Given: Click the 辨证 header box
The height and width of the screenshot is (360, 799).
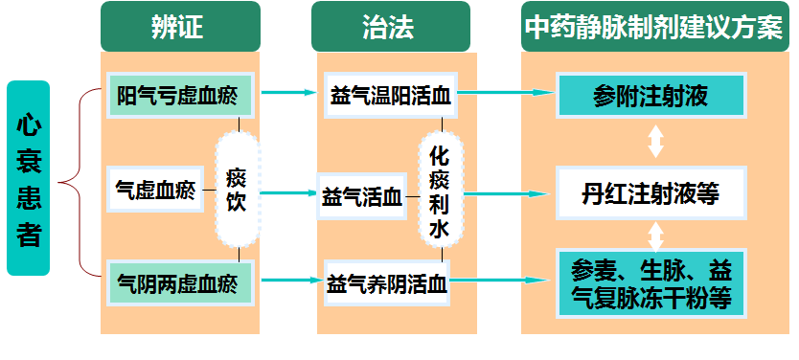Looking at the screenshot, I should (180, 26).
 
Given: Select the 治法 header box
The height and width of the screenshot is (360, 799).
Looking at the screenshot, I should (390, 26).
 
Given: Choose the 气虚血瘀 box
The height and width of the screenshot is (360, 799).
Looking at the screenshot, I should (154, 190).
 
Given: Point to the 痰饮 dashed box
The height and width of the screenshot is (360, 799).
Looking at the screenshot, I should (237, 190).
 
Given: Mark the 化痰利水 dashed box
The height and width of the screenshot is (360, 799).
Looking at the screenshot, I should (441, 191).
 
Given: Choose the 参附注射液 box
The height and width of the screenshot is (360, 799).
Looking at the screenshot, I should (651, 96).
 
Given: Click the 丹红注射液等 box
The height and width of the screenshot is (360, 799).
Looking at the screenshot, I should (651, 194).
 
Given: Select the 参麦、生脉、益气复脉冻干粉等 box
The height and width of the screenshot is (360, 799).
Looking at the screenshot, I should (651, 283).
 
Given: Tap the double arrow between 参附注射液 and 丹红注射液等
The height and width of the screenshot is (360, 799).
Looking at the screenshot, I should (655, 143).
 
